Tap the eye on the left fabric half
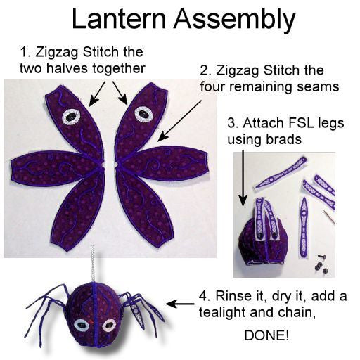(72, 115)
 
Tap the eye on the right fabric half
(143, 112)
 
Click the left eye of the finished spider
(82, 324)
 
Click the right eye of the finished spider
(108, 325)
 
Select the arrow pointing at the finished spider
(181, 304)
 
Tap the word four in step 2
(214, 88)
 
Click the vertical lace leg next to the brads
(304, 225)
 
